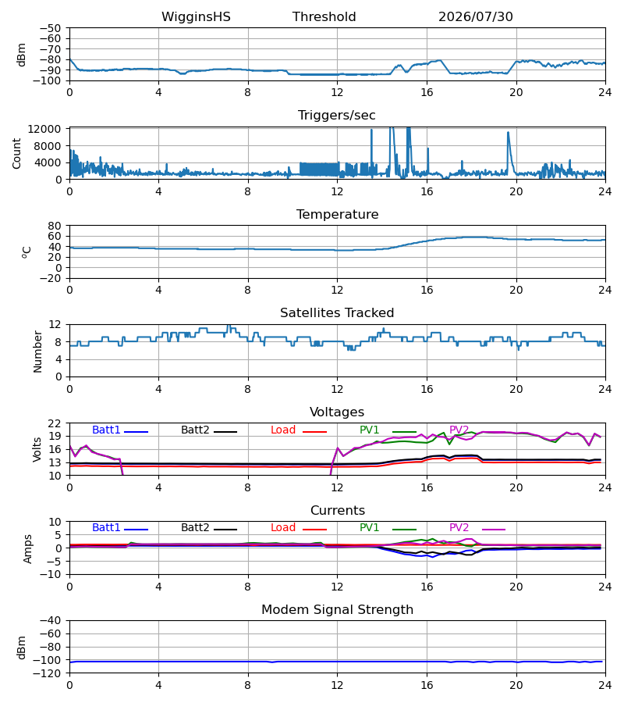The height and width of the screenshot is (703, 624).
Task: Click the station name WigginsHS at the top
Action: (196, 16)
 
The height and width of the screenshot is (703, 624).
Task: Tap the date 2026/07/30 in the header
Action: (475, 16)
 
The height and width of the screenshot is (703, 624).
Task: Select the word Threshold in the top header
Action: (324, 16)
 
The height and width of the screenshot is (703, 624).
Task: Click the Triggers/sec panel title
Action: (337, 116)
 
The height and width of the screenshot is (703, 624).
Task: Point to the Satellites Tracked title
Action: (337, 312)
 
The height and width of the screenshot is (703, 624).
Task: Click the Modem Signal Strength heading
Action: (337, 610)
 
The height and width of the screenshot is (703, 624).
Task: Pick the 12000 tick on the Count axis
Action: (44, 129)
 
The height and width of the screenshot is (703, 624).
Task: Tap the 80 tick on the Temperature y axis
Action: (55, 226)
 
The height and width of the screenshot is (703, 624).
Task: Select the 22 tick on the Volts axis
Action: (55, 423)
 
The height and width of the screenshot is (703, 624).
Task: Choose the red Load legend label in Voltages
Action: (283, 430)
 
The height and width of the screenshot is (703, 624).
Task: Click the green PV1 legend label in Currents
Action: (369, 528)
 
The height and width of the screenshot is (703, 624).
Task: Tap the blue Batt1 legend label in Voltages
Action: (106, 430)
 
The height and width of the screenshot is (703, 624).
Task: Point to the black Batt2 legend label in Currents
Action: (195, 528)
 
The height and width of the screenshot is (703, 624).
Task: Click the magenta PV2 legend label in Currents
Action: (459, 528)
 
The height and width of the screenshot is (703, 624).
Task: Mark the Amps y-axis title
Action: (27, 549)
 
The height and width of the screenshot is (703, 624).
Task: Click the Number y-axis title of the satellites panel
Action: (37, 351)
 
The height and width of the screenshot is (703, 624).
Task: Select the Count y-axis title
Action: (16, 154)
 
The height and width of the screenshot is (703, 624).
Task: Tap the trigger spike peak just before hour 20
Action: (508, 132)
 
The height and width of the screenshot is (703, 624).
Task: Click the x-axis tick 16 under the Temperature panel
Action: (427, 290)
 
